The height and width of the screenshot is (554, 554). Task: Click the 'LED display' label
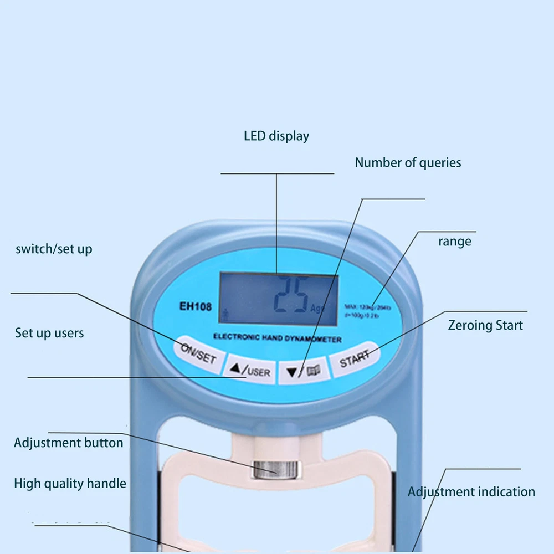(276, 136)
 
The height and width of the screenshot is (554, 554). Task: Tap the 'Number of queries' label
(408, 163)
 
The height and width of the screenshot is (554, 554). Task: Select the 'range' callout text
(455, 242)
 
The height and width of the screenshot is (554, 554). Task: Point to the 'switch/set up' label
(54, 249)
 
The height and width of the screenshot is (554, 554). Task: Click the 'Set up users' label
(49, 334)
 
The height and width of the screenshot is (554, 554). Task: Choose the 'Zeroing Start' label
(485, 325)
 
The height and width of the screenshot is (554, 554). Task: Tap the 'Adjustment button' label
(69, 443)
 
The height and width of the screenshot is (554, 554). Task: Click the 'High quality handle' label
(70, 484)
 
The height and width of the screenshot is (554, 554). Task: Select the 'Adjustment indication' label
(471, 492)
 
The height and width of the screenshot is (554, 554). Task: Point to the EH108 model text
(195, 306)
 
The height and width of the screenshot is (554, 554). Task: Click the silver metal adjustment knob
(275, 469)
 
